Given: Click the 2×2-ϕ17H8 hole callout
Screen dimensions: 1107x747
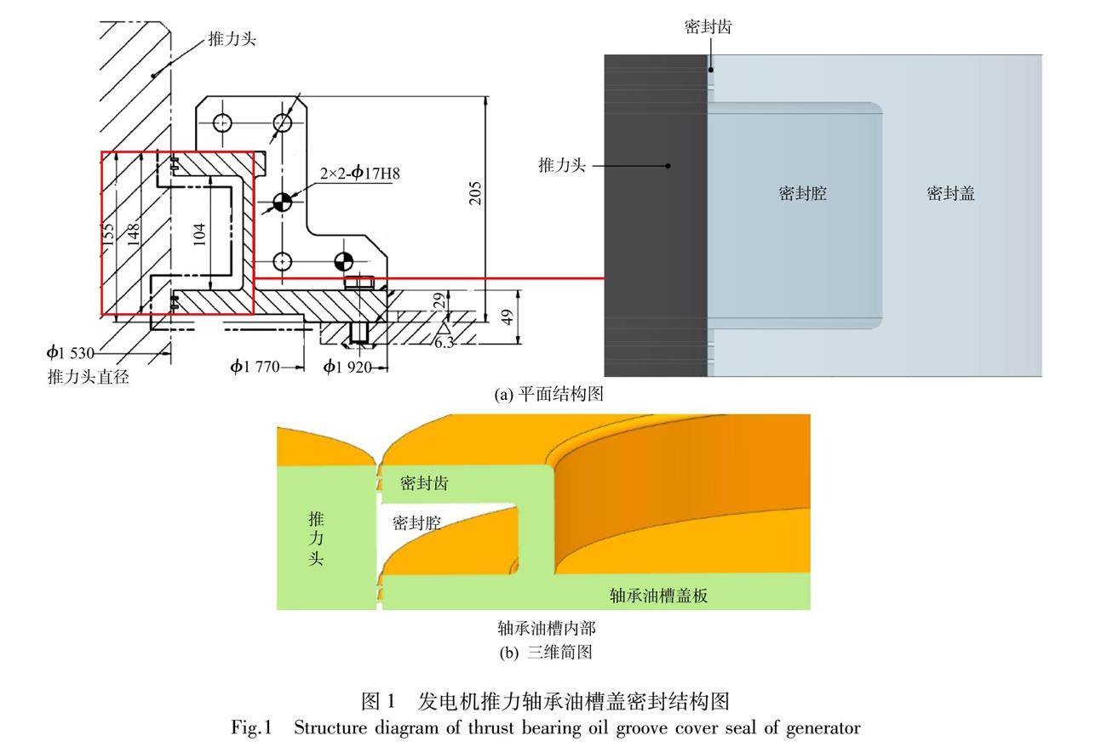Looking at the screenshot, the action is (360, 174).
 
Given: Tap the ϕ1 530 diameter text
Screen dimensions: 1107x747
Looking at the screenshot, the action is (71, 352).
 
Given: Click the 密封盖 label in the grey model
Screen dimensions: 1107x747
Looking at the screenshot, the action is (950, 194).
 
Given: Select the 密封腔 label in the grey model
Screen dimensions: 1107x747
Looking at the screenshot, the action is (802, 194).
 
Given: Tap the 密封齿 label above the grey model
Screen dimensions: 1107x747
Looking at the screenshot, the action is (708, 27).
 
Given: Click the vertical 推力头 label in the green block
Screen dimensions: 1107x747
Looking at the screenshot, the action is (316, 538).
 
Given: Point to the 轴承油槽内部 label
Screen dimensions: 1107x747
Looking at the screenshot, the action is (545, 629).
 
